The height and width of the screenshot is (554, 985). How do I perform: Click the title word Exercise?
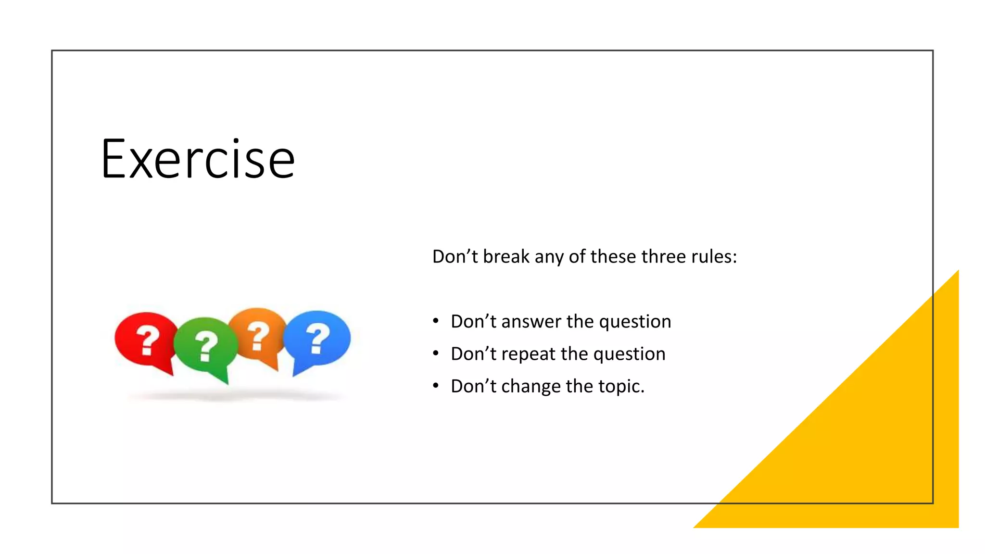pos(198,159)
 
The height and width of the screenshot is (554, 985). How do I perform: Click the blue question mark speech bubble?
pos(317,337)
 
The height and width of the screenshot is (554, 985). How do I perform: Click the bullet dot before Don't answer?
pos(436,321)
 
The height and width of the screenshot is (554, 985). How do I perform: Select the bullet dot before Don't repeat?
pos(436,353)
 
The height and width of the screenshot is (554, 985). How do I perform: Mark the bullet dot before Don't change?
pos(436,386)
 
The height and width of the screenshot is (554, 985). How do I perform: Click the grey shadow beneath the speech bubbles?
pos(236,396)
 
